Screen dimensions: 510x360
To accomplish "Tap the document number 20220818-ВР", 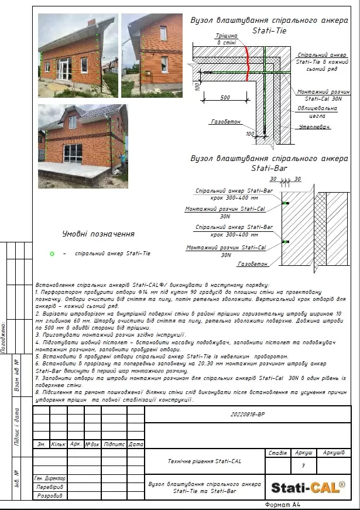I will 248,413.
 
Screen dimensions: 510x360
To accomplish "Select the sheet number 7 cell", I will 303,466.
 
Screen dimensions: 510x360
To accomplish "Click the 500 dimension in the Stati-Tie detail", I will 225,98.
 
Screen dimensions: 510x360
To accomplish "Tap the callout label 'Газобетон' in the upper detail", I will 223,122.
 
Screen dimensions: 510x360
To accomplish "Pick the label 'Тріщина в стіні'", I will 227,40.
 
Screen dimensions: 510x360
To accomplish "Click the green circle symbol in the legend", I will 52,254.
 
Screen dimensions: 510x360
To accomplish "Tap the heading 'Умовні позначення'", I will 98,234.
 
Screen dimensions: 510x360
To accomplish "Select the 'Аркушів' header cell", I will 333,453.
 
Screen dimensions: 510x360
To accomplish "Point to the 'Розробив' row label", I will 49,495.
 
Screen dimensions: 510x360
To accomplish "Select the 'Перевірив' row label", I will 49,487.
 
